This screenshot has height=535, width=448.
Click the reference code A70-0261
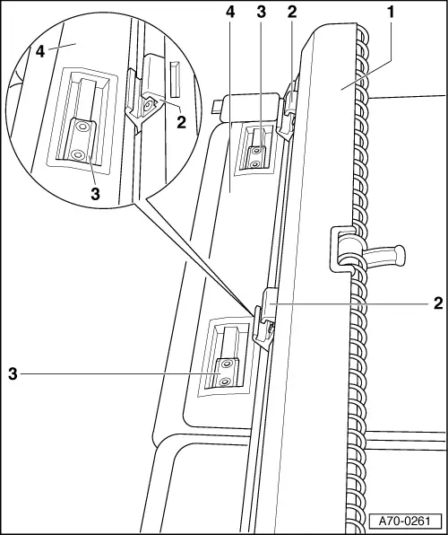(405, 521)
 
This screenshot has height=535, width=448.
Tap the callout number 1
(391, 13)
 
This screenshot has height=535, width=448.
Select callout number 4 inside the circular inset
(40, 52)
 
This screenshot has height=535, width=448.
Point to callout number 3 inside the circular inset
(95, 194)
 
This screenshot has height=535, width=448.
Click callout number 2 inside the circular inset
(181, 122)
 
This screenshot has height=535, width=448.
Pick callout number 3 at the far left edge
(13, 374)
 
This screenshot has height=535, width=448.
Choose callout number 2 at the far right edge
(438, 303)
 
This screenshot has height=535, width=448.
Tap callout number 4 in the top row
(230, 13)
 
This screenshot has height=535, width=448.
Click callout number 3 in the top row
(261, 13)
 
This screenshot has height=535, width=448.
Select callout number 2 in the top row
(292, 13)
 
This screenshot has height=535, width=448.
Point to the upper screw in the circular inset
(82, 127)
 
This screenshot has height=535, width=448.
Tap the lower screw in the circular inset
(78, 155)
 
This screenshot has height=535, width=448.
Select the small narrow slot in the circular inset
(175, 78)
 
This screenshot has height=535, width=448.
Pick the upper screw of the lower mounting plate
(226, 364)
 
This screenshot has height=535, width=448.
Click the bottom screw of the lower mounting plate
(224, 382)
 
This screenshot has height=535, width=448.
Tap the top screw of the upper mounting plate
(255, 150)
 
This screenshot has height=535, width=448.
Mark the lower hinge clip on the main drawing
(264, 318)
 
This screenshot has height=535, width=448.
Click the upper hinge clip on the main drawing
(288, 111)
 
